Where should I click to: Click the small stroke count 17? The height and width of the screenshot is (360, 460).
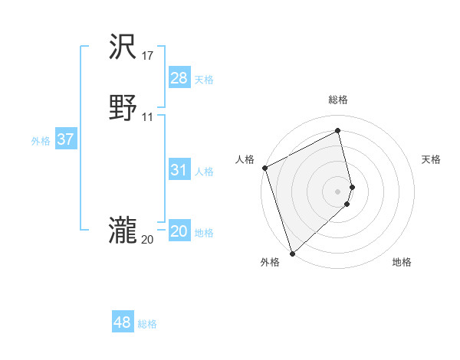click(x=148, y=56)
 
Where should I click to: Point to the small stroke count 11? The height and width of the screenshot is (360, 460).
click(x=148, y=117)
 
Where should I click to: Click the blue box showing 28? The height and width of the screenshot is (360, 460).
click(x=179, y=78)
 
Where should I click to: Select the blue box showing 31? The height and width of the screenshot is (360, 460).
click(x=179, y=170)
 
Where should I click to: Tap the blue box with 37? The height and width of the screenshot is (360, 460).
click(x=66, y=139)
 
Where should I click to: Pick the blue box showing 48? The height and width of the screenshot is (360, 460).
click(x=123, y=322)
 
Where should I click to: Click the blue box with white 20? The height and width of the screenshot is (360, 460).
click(x=179, y=231)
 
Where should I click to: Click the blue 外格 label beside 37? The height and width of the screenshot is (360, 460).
click(x=41, y=141)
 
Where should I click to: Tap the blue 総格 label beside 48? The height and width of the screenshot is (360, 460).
click(x=147, y=324)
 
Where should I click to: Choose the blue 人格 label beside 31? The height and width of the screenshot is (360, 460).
click(x=205, y=172)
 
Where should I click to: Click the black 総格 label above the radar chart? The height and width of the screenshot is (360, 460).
click(x=338, y=100)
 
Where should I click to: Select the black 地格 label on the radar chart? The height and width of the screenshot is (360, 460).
click(x=402, y=262)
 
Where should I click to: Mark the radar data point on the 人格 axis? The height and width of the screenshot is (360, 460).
click(x=264, y=168)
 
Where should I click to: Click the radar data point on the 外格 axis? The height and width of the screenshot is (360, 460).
click(x=292, y=254)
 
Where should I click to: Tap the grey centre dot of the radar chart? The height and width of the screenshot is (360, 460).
click(x=338, y=191)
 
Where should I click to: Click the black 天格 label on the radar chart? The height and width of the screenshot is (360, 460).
click(x=431, y=159)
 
